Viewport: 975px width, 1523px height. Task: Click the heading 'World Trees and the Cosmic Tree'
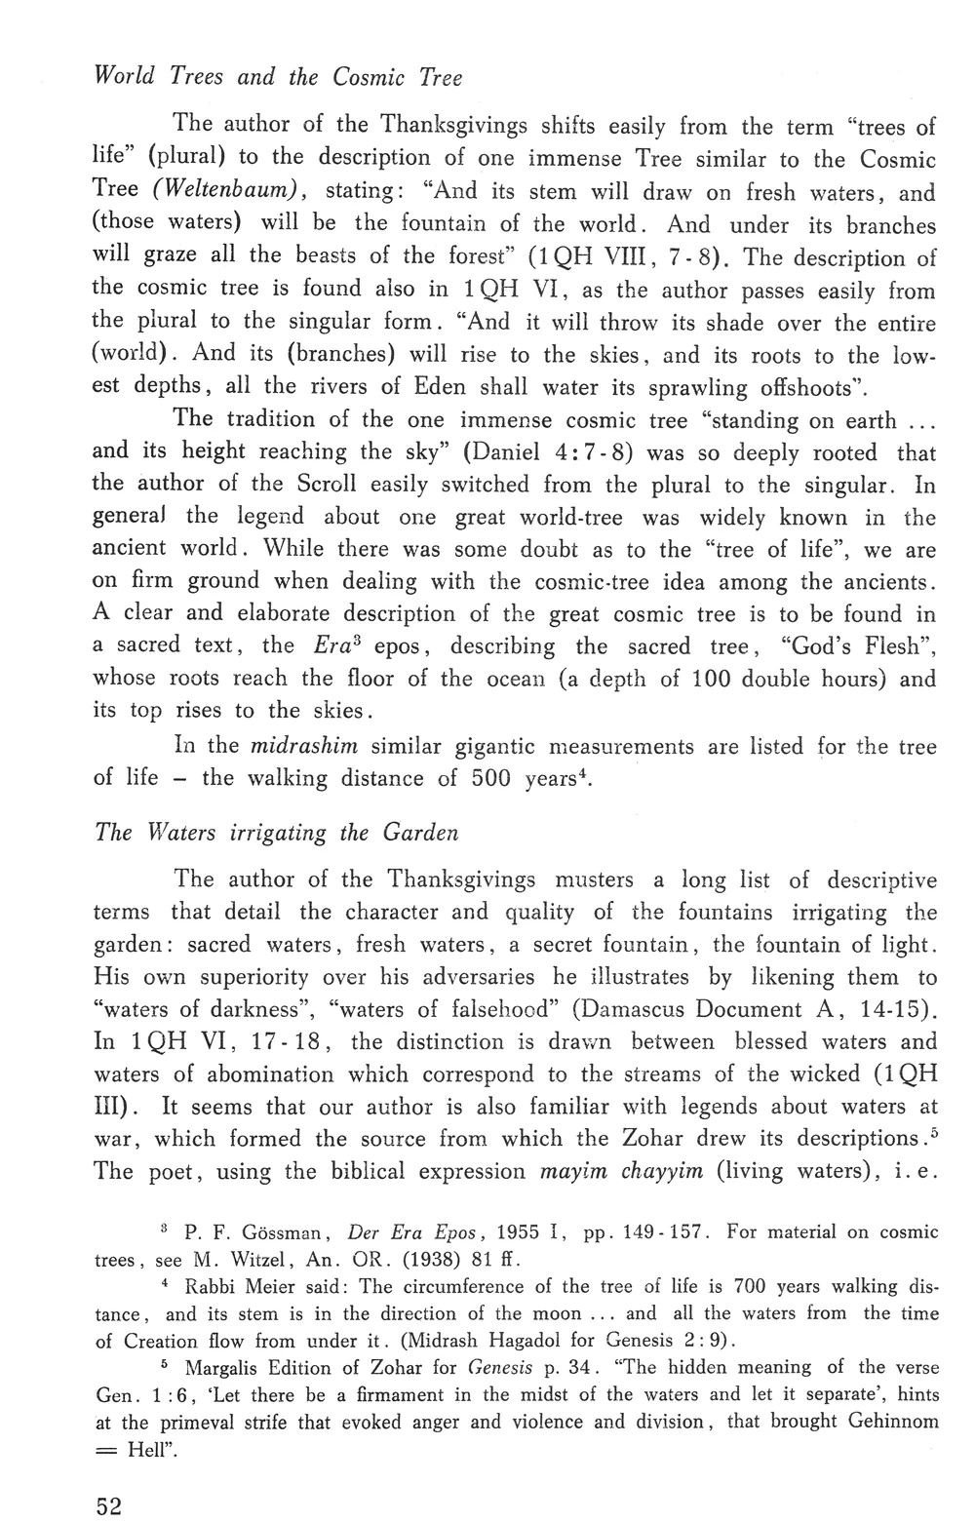tap(277, 77)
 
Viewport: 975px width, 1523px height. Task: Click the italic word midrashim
tap(304, 747)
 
